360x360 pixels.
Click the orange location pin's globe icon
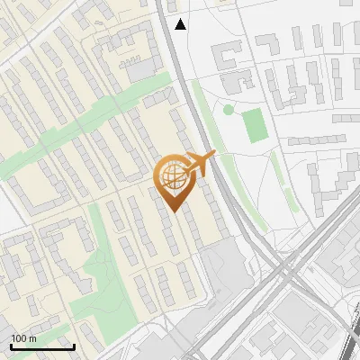click(x=172, y=175)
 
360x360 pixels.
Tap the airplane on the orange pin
click(x=198, y=164)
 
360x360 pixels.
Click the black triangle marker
click(x=181, y=24)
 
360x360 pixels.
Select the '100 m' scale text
click(x=24, y=337)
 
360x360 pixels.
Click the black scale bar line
click(x=42, y=346)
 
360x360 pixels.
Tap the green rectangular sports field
click(x=256, y=126)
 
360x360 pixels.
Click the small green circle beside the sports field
click(x=229, y=110)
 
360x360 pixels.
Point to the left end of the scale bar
click(x=11, y=346)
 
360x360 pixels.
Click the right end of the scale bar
click(x=74, y=346)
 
